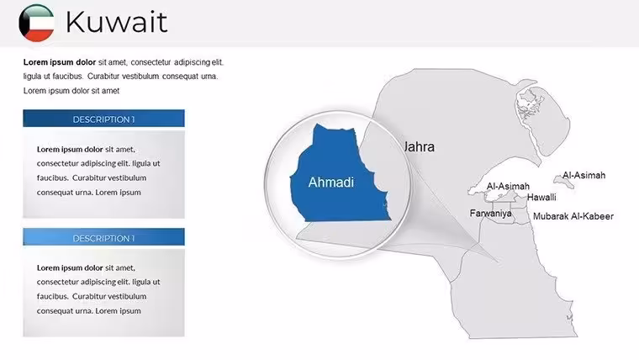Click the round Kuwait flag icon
36,23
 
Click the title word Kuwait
117,22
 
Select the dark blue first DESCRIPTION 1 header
104,119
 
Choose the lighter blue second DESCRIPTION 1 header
104,237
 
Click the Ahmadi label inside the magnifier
331,183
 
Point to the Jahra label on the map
420,146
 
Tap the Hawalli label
541,198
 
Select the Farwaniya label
491,214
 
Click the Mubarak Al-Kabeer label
573,216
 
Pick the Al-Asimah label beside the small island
584,175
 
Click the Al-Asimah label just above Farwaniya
508,187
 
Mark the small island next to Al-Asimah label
564,182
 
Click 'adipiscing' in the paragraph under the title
192,62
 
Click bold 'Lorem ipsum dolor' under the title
60,62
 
